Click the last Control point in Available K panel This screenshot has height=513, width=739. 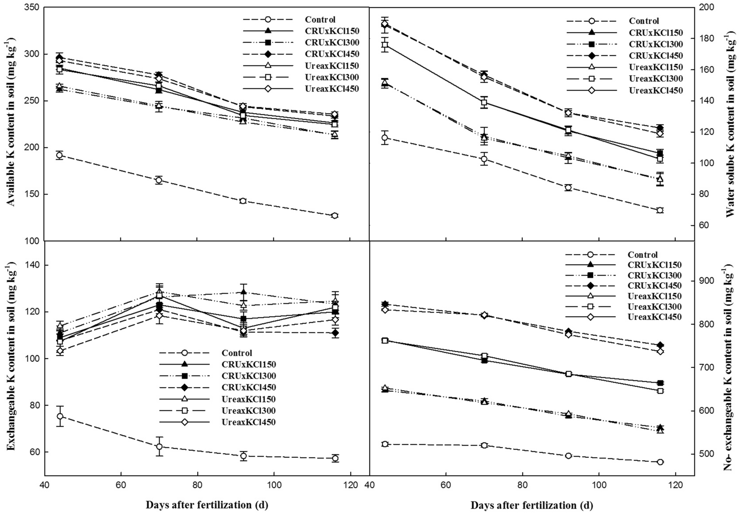click(334, 216)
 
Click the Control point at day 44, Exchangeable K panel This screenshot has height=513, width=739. click(60, 416)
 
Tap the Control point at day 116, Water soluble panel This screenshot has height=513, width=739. click(660, 210)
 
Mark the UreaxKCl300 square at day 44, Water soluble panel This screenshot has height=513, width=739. click(385, 45)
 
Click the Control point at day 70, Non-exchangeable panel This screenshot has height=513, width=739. click(484, 445)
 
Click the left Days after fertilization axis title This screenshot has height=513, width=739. click(207, 505)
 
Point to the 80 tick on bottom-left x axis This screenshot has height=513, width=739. click(197, 485)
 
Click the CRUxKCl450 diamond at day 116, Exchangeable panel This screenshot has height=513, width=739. click(335, 332)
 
